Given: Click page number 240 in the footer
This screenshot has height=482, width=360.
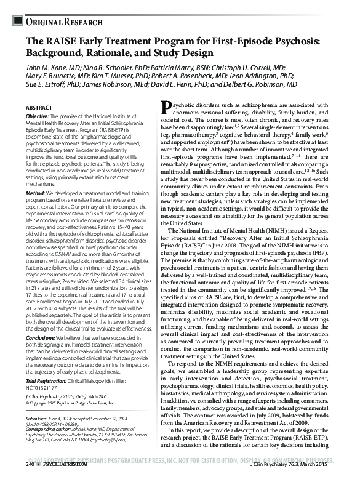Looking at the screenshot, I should (29, 473).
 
